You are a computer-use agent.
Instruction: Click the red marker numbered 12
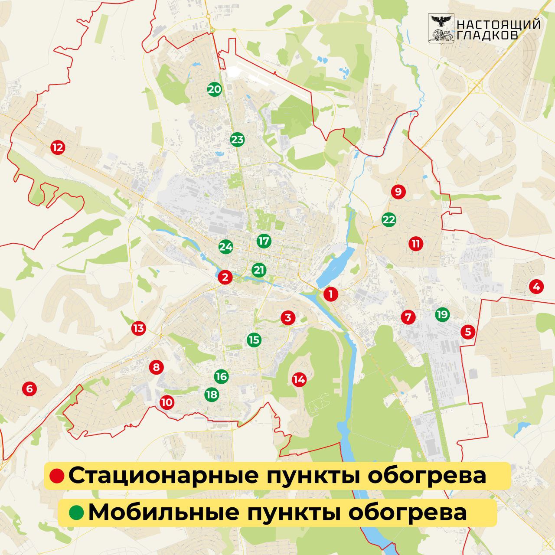tap(57, 147)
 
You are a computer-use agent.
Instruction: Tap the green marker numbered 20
tap(214, 90)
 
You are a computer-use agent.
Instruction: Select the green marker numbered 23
tap(237, 140)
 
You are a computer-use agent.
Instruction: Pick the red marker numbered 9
tap(398, 191)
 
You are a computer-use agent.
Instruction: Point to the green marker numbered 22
tap(389, 220)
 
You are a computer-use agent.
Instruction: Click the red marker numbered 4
tap(536, 287)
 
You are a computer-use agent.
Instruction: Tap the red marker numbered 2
tap(225, 277)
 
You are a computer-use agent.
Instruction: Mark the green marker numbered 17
tap(264, 241)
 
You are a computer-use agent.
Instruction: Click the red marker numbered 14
tap(299, 380)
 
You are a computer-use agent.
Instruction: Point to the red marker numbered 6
tap(29, 389)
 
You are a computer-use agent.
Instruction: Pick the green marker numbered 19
tap(442, 314)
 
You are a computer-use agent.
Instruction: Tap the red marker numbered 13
tap(138, 328)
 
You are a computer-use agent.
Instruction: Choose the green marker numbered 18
tap(212, 395)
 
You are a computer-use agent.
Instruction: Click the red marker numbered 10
tap(166, 402)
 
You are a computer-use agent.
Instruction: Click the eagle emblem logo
tap(441, 28)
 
